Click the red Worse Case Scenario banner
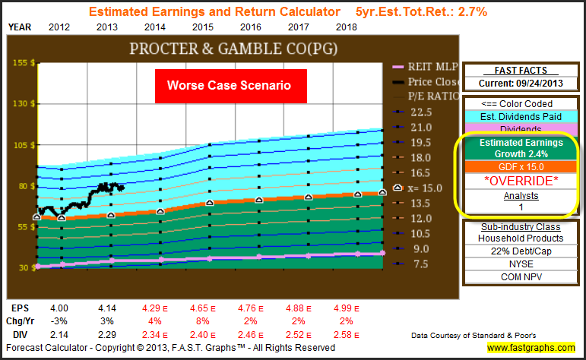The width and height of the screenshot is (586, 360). (231, 86)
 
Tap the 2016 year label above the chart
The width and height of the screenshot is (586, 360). (250, 27)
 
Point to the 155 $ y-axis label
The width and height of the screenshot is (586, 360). (24, 63)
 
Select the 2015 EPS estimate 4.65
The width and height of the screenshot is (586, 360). (203, 308)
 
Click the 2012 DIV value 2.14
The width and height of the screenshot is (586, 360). (59, 335)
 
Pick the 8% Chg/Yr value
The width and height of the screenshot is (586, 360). (203, 321)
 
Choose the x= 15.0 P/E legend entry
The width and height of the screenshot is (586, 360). (418, 188)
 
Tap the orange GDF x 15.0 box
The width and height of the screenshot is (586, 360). (521, 167)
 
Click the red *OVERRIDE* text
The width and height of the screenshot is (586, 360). (521, 181)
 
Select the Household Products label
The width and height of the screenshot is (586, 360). (521, 238)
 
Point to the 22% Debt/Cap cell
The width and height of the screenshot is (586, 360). (521, 251)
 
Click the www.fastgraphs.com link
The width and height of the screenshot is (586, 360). (531, 348)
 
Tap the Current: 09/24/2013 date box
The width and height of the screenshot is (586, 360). (521, 84)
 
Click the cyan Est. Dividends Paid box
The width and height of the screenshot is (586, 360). (521, 117)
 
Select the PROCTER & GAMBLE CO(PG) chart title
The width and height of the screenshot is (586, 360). (233, 49)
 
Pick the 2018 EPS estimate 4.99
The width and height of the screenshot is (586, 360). (346, 308)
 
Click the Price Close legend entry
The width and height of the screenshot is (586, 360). (426, 82)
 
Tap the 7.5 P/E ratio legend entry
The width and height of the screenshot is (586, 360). (413, 264)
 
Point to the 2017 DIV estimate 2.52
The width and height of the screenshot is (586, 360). (298, 335)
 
